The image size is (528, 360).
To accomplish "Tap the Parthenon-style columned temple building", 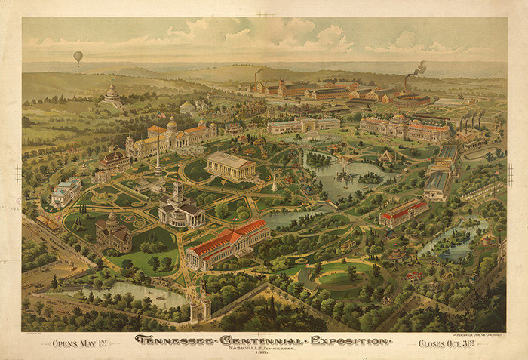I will click(x=231, y=166).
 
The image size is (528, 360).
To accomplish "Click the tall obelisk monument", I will click(x=158, y=155).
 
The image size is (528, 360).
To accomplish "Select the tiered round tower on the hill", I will click(x=112, y=95).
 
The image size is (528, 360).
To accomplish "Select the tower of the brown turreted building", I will click(x=112, y=222).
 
